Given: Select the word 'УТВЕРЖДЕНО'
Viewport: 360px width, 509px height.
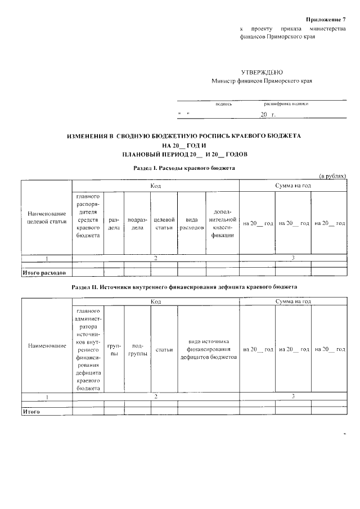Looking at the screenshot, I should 262,73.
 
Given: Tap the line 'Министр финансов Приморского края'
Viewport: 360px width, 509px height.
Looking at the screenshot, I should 262,81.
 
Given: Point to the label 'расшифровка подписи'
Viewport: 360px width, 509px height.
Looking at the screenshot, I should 286,104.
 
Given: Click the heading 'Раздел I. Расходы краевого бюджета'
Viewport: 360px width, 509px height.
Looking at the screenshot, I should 183,168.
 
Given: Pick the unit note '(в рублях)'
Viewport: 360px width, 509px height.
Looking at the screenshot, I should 332,176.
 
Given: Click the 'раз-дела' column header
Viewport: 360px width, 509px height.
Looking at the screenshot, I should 114,223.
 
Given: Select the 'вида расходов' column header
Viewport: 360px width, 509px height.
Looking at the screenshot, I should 191,223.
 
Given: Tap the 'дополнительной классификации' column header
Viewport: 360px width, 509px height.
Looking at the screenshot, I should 223,223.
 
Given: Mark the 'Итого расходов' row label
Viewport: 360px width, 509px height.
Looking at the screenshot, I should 44,273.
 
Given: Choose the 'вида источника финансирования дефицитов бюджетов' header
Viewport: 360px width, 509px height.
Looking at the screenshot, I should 209,349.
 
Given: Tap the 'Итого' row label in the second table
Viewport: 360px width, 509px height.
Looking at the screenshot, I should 31,412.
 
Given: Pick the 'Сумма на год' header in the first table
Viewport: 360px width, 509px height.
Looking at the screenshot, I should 292,186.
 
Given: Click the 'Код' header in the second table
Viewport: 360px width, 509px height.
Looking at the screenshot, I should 156,302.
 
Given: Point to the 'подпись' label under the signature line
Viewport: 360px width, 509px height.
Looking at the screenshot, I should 224,104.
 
